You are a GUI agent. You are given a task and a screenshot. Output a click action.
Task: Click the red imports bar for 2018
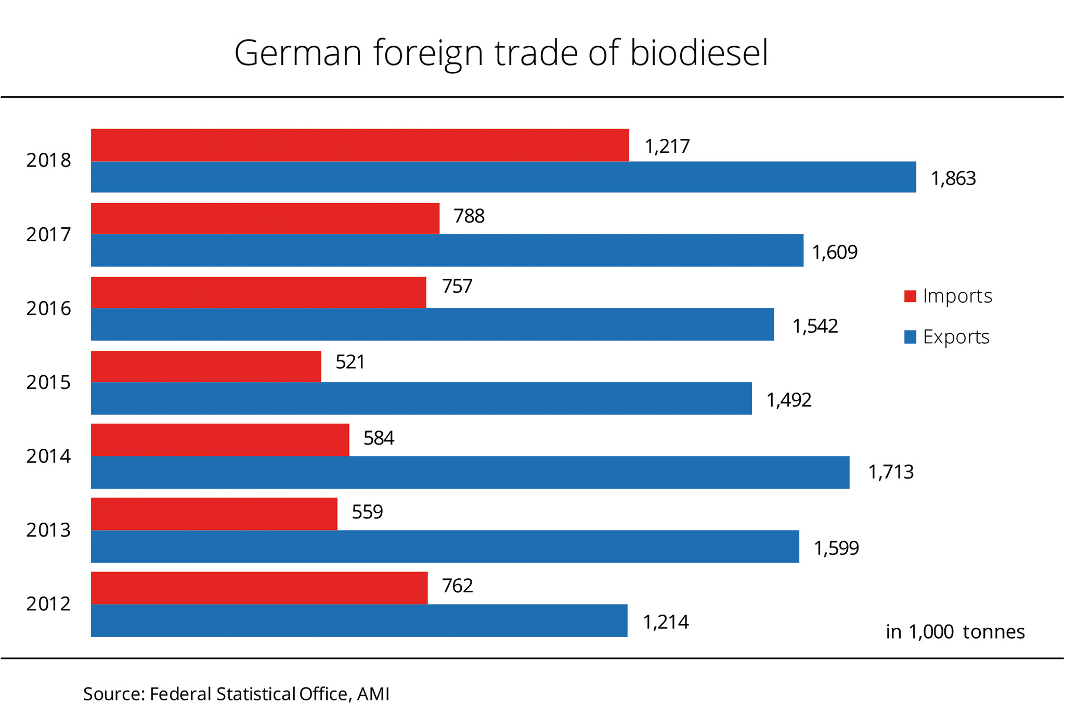360,145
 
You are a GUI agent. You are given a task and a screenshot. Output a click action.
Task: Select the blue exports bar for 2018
503,177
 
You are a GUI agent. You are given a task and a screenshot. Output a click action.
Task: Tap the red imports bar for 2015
206,367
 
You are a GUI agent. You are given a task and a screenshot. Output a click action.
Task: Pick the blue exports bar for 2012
359,620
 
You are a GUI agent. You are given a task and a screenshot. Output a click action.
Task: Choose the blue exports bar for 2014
470,472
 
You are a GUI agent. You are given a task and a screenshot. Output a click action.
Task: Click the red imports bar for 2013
214,514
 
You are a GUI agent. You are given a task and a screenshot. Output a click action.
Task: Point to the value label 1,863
953,179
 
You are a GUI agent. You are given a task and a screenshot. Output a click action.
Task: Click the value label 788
469,216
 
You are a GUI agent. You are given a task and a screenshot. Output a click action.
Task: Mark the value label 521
350,362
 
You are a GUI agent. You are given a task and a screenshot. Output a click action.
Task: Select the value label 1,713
891,472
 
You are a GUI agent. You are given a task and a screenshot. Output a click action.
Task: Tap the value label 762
458,586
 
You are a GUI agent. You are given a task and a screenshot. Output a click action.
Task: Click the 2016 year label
48,309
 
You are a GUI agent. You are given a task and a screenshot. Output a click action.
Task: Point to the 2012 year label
48,604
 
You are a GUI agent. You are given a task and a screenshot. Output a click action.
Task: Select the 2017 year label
48,235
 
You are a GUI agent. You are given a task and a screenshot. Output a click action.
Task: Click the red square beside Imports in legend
910,296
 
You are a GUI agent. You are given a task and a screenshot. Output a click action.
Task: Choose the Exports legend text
956,337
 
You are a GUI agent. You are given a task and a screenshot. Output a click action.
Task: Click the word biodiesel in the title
699,53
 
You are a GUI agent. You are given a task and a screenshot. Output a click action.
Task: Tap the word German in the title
298,53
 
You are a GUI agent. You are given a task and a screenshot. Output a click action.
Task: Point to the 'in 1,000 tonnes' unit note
955,632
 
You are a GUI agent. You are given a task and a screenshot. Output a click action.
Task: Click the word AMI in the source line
373,694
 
